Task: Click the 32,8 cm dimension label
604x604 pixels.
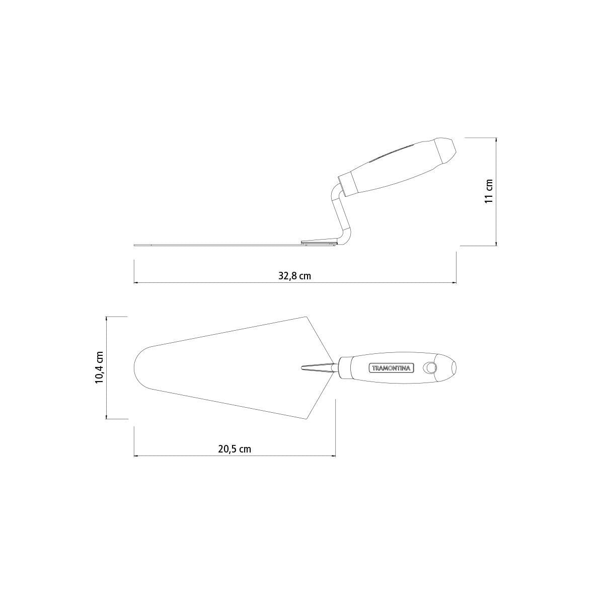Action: click(294, 276)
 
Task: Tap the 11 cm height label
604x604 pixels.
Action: click(489, 191)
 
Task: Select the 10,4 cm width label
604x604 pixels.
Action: click(99, 367)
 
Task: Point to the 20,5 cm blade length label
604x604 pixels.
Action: click(235, 449)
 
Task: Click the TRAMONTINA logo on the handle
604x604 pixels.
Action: click(391, 368)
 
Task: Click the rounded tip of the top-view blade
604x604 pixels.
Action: click(135, 367)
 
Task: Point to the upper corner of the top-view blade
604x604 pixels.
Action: click(307, 317)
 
